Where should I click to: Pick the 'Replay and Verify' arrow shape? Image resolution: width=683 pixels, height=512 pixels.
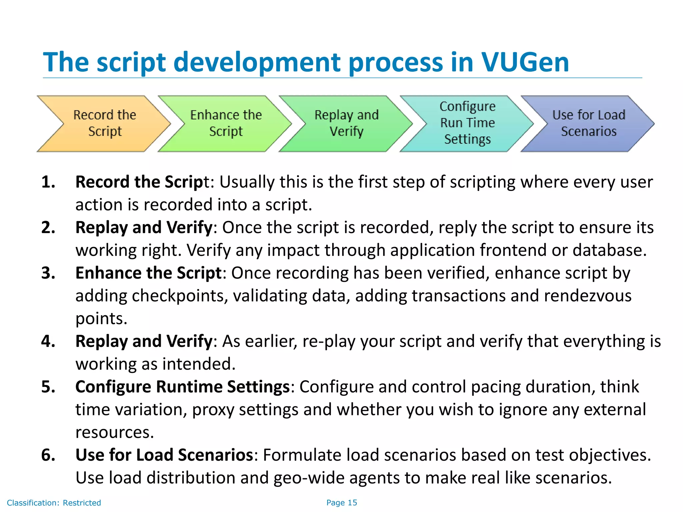[347, 123]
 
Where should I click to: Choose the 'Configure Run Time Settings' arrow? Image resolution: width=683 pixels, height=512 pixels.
[467, 123]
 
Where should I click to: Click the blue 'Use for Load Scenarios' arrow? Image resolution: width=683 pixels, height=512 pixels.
[588, 123]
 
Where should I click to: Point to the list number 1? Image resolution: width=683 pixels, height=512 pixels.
[48, 182]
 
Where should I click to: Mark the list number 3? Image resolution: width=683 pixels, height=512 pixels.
[48, 273]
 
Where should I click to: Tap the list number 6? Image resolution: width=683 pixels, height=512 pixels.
[48, 455]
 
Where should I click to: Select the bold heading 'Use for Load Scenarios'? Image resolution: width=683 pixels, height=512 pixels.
[164, 455]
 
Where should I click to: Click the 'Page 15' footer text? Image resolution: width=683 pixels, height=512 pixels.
[341, 503]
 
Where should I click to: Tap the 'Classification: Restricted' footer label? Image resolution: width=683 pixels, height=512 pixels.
[54, 503]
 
